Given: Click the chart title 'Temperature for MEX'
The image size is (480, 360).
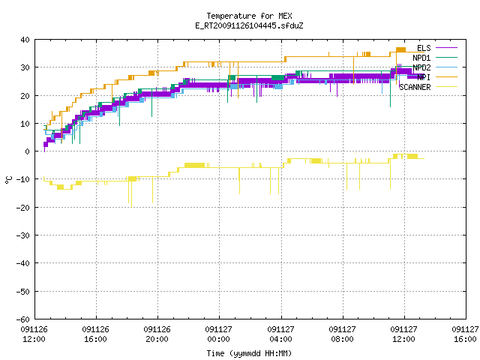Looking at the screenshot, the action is (x=249, y=16).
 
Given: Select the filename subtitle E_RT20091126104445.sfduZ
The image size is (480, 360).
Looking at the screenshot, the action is (x=249, y=25).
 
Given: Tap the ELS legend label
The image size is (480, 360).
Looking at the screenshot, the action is (x=424, y=48).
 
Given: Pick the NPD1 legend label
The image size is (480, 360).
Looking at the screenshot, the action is (x=421, y=58).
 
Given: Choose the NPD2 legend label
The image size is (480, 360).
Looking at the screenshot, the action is (x=421, y=67).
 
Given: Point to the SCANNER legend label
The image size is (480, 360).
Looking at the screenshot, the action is (x=415, y=87).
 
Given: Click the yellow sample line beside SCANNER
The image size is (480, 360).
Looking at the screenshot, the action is (x=446, y=87).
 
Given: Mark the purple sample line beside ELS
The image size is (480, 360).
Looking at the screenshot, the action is (x=446, y=48).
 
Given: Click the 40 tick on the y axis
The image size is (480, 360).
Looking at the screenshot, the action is (x=25, y=40).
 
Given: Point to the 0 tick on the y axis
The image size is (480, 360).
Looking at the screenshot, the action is (x=28, y=151).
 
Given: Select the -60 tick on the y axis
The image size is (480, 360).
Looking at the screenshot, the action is (x=23, y=319).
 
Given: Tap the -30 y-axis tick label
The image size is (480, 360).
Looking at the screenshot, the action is (x=23, y=235).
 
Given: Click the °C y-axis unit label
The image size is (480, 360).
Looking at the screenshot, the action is (x=9, y=180).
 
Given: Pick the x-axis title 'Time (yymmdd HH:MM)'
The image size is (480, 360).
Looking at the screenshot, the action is (x=249, y=353).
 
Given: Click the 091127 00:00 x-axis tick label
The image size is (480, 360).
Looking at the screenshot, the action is (x=218, y=334).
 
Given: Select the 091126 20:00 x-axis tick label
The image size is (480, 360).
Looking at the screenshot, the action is (x=157, y=334).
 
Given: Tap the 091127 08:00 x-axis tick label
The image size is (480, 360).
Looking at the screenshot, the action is (x=342, y=334).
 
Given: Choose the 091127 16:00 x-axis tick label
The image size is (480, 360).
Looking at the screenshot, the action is (x=465, y=334).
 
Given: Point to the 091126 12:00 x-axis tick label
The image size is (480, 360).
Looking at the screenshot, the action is (x=34, y=334).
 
